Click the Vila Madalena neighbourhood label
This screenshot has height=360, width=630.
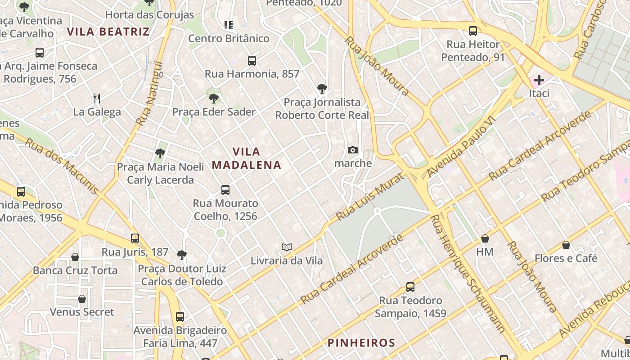(x=247, y=158)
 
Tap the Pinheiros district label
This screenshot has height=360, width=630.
(x=361, y=343)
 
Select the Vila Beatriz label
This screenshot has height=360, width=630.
(x=108, y=31)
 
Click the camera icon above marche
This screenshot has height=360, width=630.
(x=353, y=150)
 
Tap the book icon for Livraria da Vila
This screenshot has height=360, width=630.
(x=287, y=247)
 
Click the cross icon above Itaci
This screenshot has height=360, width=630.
(x=539, y=80)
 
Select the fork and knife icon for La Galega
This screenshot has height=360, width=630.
(x=97, y=98)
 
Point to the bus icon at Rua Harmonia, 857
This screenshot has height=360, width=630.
(x=252, y=60)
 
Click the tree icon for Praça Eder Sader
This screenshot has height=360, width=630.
(x=214, y=98)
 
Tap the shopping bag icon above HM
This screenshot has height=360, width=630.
(x=485, y=238)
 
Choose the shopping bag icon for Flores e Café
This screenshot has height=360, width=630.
(x=566, y=245)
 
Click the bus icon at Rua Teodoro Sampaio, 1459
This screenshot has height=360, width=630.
(x=410, y=287)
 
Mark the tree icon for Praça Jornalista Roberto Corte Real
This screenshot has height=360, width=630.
(x=322, y=88)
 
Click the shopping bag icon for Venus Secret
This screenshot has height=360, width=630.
(x=82, y=299)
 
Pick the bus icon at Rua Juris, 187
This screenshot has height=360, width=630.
(x=135, y=238)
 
